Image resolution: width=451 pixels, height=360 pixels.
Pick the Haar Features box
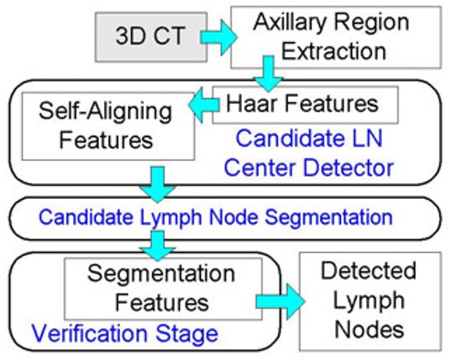[x=302, y=104]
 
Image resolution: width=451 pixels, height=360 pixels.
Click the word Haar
[x=253, y=104]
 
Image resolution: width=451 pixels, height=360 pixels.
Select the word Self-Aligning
[x=98, y=111]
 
